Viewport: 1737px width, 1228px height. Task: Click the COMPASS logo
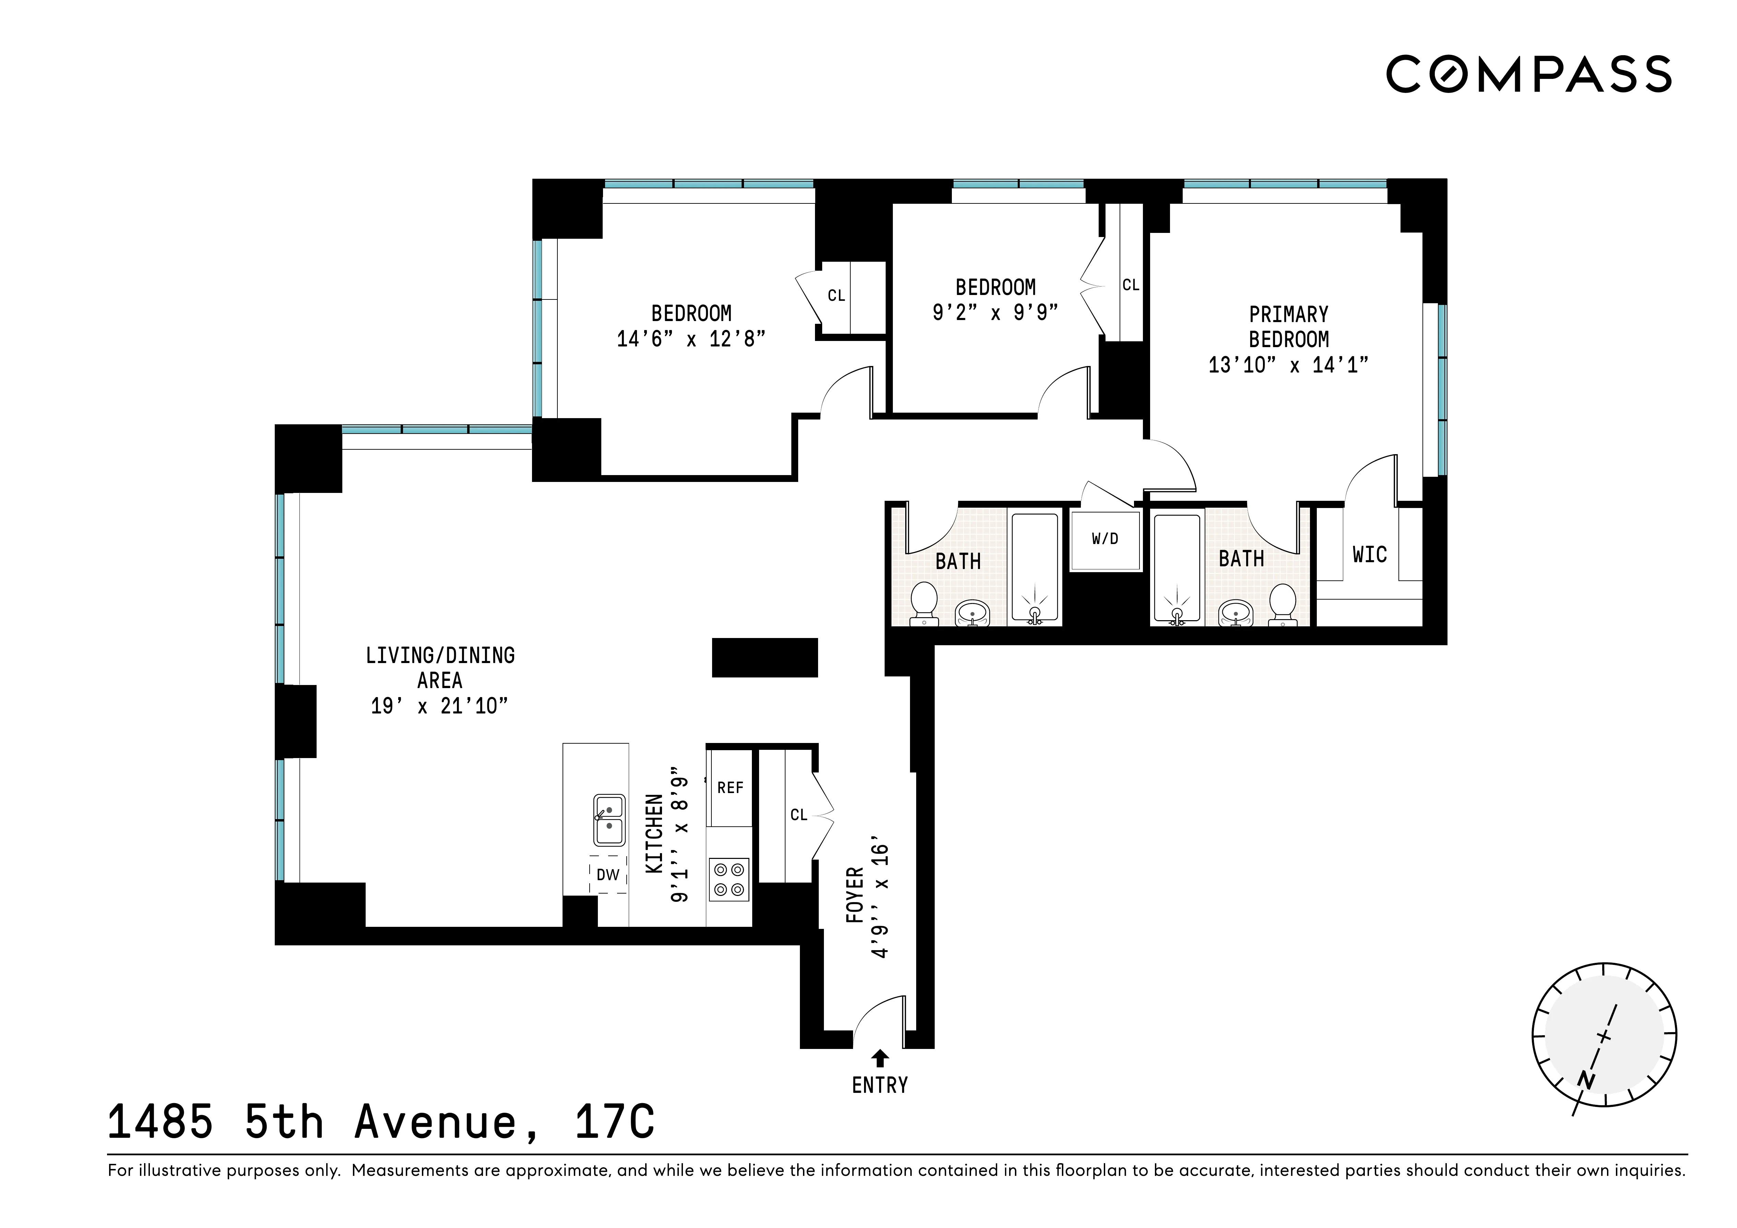click(x=1528, y=74)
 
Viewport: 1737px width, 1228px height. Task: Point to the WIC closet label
click(x=1369, y=555)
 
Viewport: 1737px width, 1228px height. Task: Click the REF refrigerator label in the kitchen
click(x=730, y=788)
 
